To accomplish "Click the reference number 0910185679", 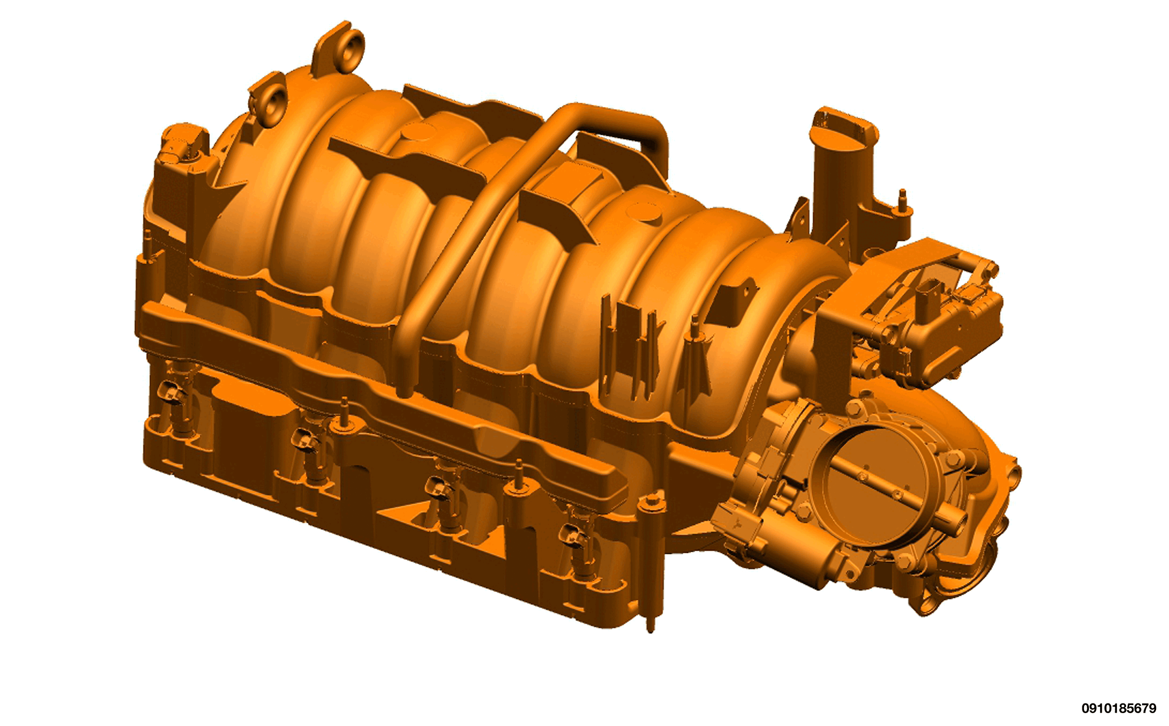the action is coord(1118,708).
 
